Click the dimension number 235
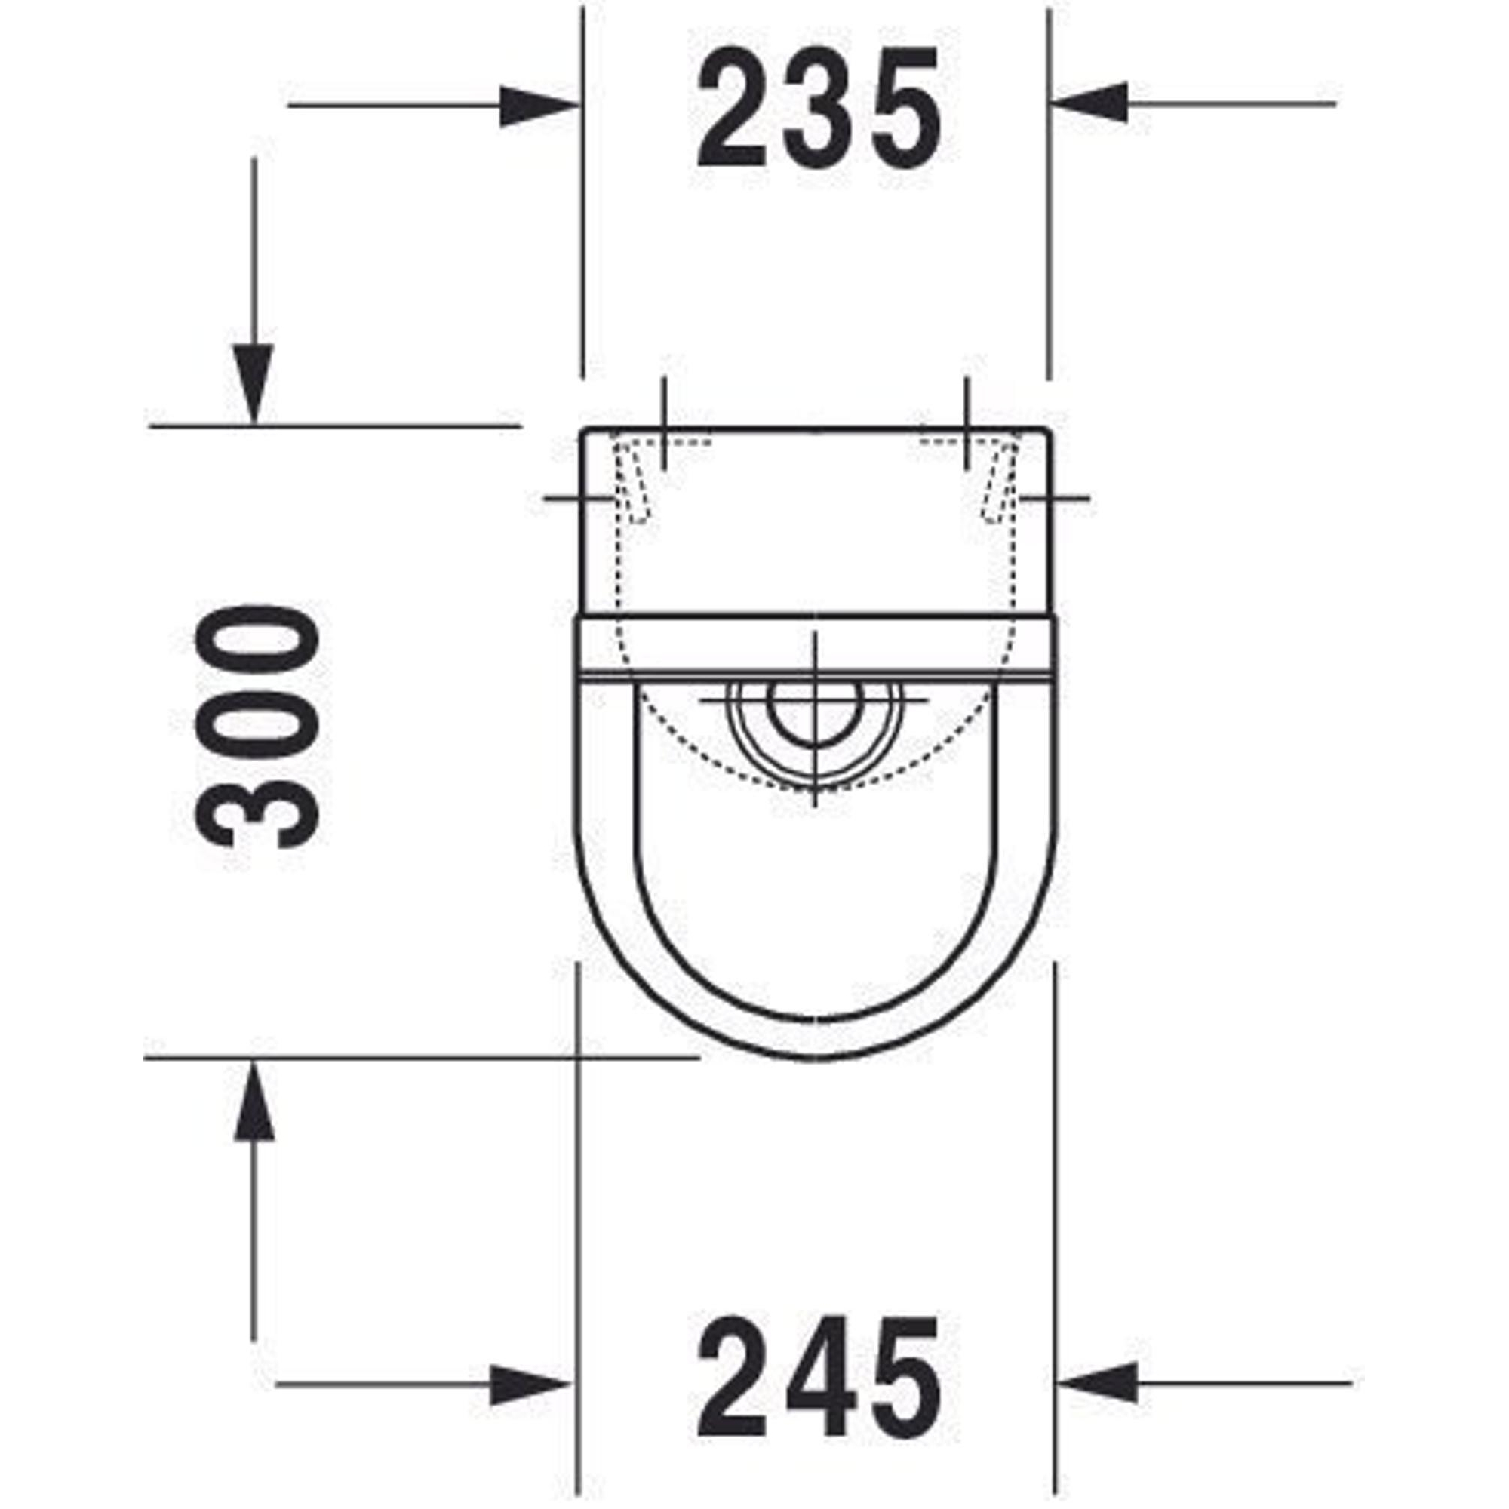coord(819,109)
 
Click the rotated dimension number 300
coord(257,727)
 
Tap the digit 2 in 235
coord(731,108)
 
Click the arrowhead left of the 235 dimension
coord(538,106)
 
